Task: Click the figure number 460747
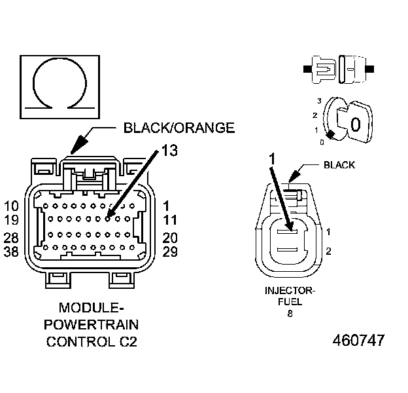tap(358, 341)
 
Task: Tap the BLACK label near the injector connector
tap(339, 165)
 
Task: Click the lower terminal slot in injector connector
tap(288, 248)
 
